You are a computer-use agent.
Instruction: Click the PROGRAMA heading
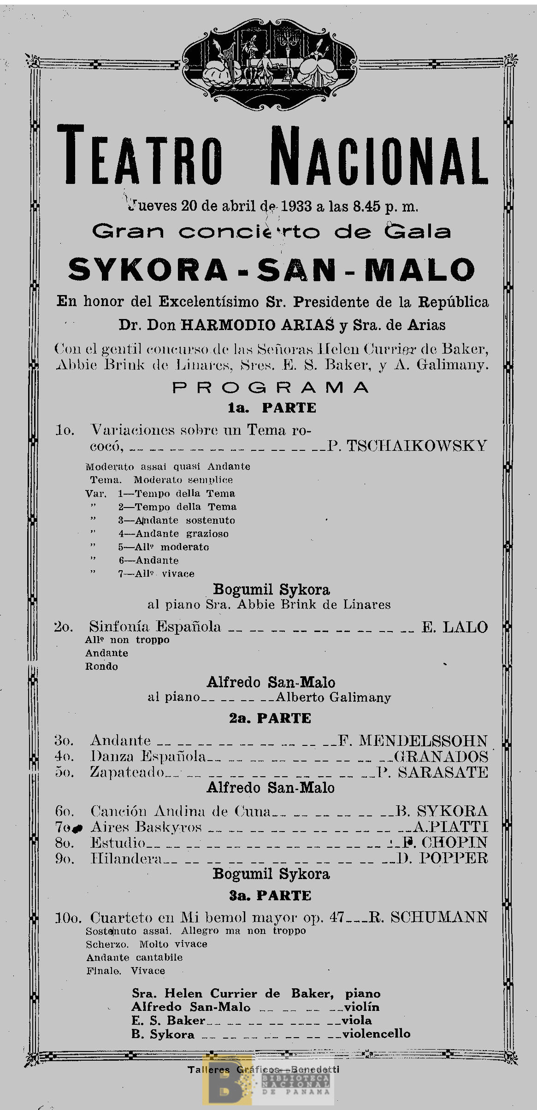[271, 388]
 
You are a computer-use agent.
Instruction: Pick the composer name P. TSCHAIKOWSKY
[407, 446]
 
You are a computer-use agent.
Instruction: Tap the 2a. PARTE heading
[271, 718]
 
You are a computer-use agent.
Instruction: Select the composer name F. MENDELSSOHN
[413, 741]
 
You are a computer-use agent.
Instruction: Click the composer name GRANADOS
[441, 756]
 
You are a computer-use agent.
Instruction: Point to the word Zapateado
[127, 772]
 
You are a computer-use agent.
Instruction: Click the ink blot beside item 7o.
[78, 828]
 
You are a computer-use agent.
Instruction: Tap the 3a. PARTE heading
[271, 896]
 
